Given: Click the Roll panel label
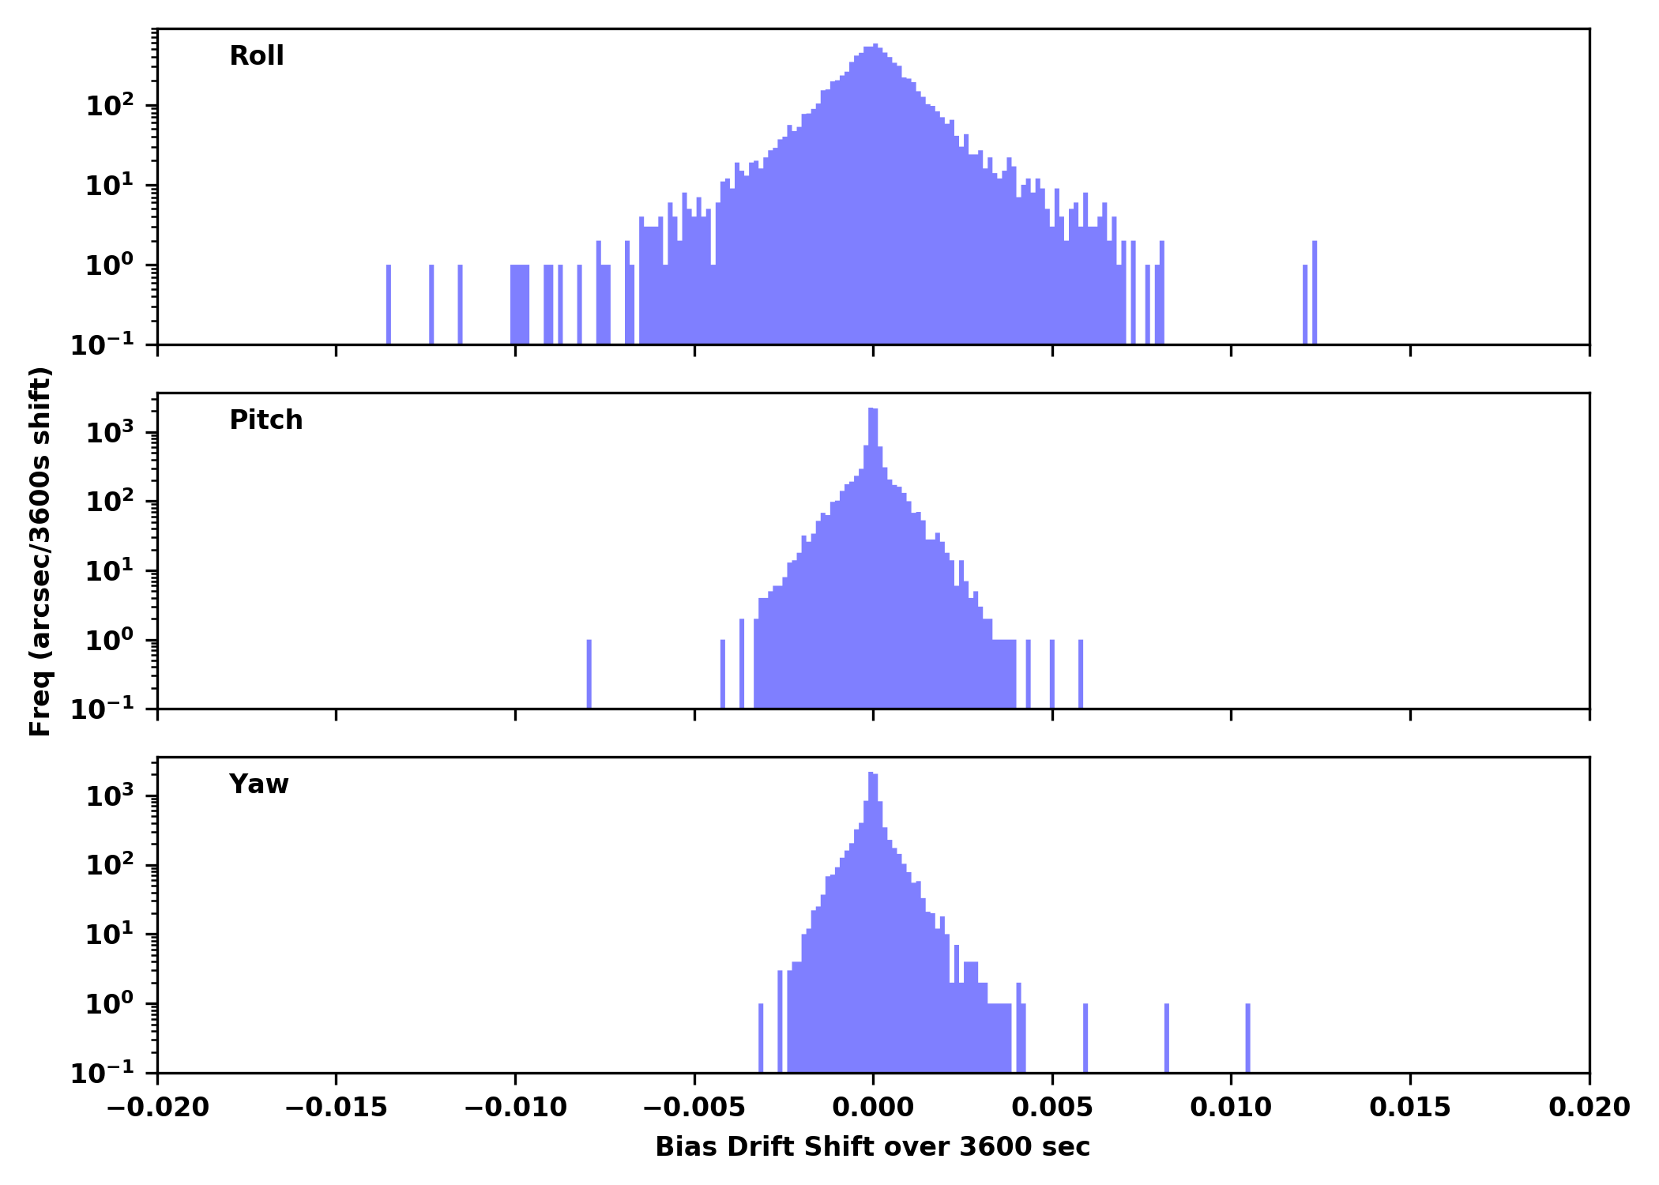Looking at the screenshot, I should tap(256, 56).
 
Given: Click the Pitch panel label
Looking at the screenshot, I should tap(265, 420).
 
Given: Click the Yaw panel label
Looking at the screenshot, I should tap(258, 784).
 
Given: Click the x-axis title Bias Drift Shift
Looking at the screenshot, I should tap(872, 1146).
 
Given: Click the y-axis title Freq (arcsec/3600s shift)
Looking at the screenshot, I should tap(40, 551).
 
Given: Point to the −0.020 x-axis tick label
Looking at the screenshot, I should tap(157, 1108).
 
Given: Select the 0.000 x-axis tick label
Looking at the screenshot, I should tap(873, 1108).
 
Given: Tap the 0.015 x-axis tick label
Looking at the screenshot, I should tap(1409, 1108).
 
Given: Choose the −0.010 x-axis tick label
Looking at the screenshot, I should tap(515, 1108).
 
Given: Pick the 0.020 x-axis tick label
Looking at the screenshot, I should tap(1589, 1108).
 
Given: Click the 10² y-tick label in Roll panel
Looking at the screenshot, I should tap(110, 106).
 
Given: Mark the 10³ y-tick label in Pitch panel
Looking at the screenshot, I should tap(110, 433).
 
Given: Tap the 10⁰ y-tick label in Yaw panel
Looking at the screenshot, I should tap(110, 1004).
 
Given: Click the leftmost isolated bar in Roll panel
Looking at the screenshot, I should tap(389, 305).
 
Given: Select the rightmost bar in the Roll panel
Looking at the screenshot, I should tap(1315, 293).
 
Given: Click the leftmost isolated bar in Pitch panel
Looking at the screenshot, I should tap(589, 674).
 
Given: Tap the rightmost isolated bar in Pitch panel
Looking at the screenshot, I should tap(1081, 674).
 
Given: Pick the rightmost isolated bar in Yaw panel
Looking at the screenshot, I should tap(1248, 1038).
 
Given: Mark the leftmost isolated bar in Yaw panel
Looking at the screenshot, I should tap(761, 1038).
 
